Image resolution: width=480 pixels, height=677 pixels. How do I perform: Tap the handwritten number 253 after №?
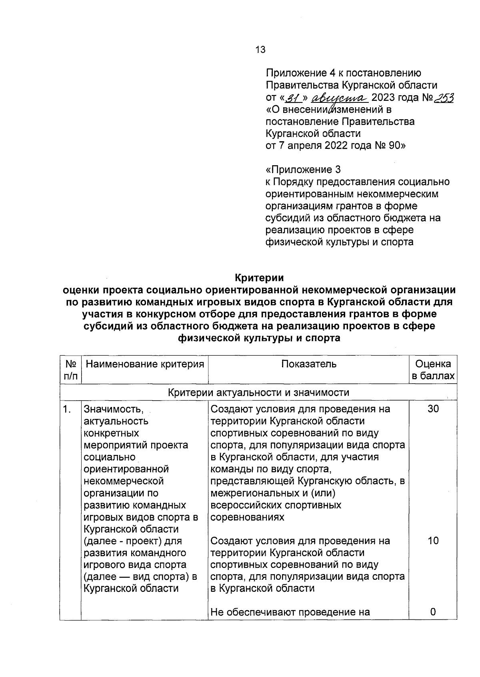pos(444,98)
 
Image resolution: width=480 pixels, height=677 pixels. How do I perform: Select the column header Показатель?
pos(308,364)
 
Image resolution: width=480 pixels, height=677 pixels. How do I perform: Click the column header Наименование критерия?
pos(144,364)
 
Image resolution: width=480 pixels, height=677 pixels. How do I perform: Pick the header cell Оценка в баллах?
pos(433,370)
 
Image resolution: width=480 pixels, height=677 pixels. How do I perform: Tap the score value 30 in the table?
pos(433,409)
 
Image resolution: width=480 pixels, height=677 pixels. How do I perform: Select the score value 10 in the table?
pos(433,541)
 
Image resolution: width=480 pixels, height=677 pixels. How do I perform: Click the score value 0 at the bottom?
pos(433,612)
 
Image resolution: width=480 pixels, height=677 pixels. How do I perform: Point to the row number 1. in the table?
pos(68,409)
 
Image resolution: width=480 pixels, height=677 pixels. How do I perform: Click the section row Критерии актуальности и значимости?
pos(258,393)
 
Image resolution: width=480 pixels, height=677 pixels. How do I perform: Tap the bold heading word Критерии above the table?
pos(259,277)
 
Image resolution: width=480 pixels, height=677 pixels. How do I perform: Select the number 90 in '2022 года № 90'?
pos(395,146)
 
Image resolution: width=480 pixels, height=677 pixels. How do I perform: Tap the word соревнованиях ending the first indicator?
pos(247,517)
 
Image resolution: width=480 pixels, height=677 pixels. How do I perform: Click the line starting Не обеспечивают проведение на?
pos(290,612)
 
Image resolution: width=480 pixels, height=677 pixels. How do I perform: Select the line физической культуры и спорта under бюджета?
pos(339,242)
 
